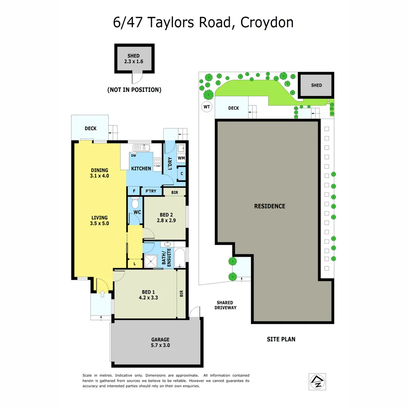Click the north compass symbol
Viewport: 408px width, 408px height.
[x=317, y=382]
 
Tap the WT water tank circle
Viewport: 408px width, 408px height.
[x=207, y=107]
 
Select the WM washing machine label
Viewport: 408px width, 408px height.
[x=181, y=158]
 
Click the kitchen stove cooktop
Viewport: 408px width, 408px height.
[x=158, y=162]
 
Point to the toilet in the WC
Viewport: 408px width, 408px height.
[x=135, y=204]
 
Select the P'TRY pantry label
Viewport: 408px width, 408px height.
[x=151, y=191]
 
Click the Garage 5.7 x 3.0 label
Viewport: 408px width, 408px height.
[x=161, y=342]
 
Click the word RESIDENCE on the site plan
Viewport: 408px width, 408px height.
[x=269, y=206]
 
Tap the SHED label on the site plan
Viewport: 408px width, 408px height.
[x=317, y=85]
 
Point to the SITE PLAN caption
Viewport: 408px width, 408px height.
[x=281, y=339]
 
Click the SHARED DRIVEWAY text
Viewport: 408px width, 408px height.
[x=226, y=305]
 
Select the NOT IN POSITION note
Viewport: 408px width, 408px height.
[x=134, y=90]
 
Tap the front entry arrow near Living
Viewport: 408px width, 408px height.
[x=102, y=294]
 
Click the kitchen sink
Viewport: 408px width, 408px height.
[x=142, y=148]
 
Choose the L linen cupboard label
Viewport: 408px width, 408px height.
[x=135, y=263]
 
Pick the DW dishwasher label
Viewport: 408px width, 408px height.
[x=133, y=156]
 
